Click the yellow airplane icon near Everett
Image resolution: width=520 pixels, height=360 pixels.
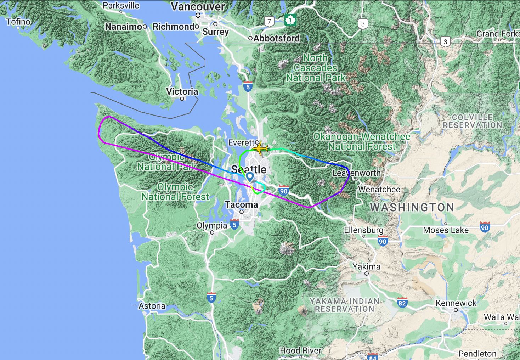click(260, 148)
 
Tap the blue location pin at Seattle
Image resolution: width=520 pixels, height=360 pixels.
click(250, 176)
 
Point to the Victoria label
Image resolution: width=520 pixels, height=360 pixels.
click(182, 91)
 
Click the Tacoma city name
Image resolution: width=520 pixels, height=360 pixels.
click(241, 205)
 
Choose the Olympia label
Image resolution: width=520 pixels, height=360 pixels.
click(212, 226)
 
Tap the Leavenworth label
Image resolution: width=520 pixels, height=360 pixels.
click(356, 173)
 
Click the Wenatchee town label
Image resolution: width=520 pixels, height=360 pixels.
click(379, 190)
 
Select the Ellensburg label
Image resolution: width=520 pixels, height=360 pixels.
click(364, 230)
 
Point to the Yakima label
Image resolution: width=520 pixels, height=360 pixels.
click(366, 267)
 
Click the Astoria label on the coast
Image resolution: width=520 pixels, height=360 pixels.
click(152, 306)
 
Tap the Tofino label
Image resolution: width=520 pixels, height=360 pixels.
click(18, 22)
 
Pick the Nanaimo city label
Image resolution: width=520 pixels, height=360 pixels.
click(123, 27)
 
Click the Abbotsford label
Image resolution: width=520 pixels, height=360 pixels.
click(276, 38)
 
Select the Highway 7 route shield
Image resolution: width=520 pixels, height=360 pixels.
click(269, 22)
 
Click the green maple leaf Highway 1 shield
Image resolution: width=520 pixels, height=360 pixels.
click(290, 20)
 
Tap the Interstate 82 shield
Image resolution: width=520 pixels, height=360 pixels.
click(402, 303)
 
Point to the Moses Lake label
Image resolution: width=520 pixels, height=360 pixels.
click(446, 230)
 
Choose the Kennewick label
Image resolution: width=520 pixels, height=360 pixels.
click(456, 303)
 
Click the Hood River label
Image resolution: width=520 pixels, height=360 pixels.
click(300, 350)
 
